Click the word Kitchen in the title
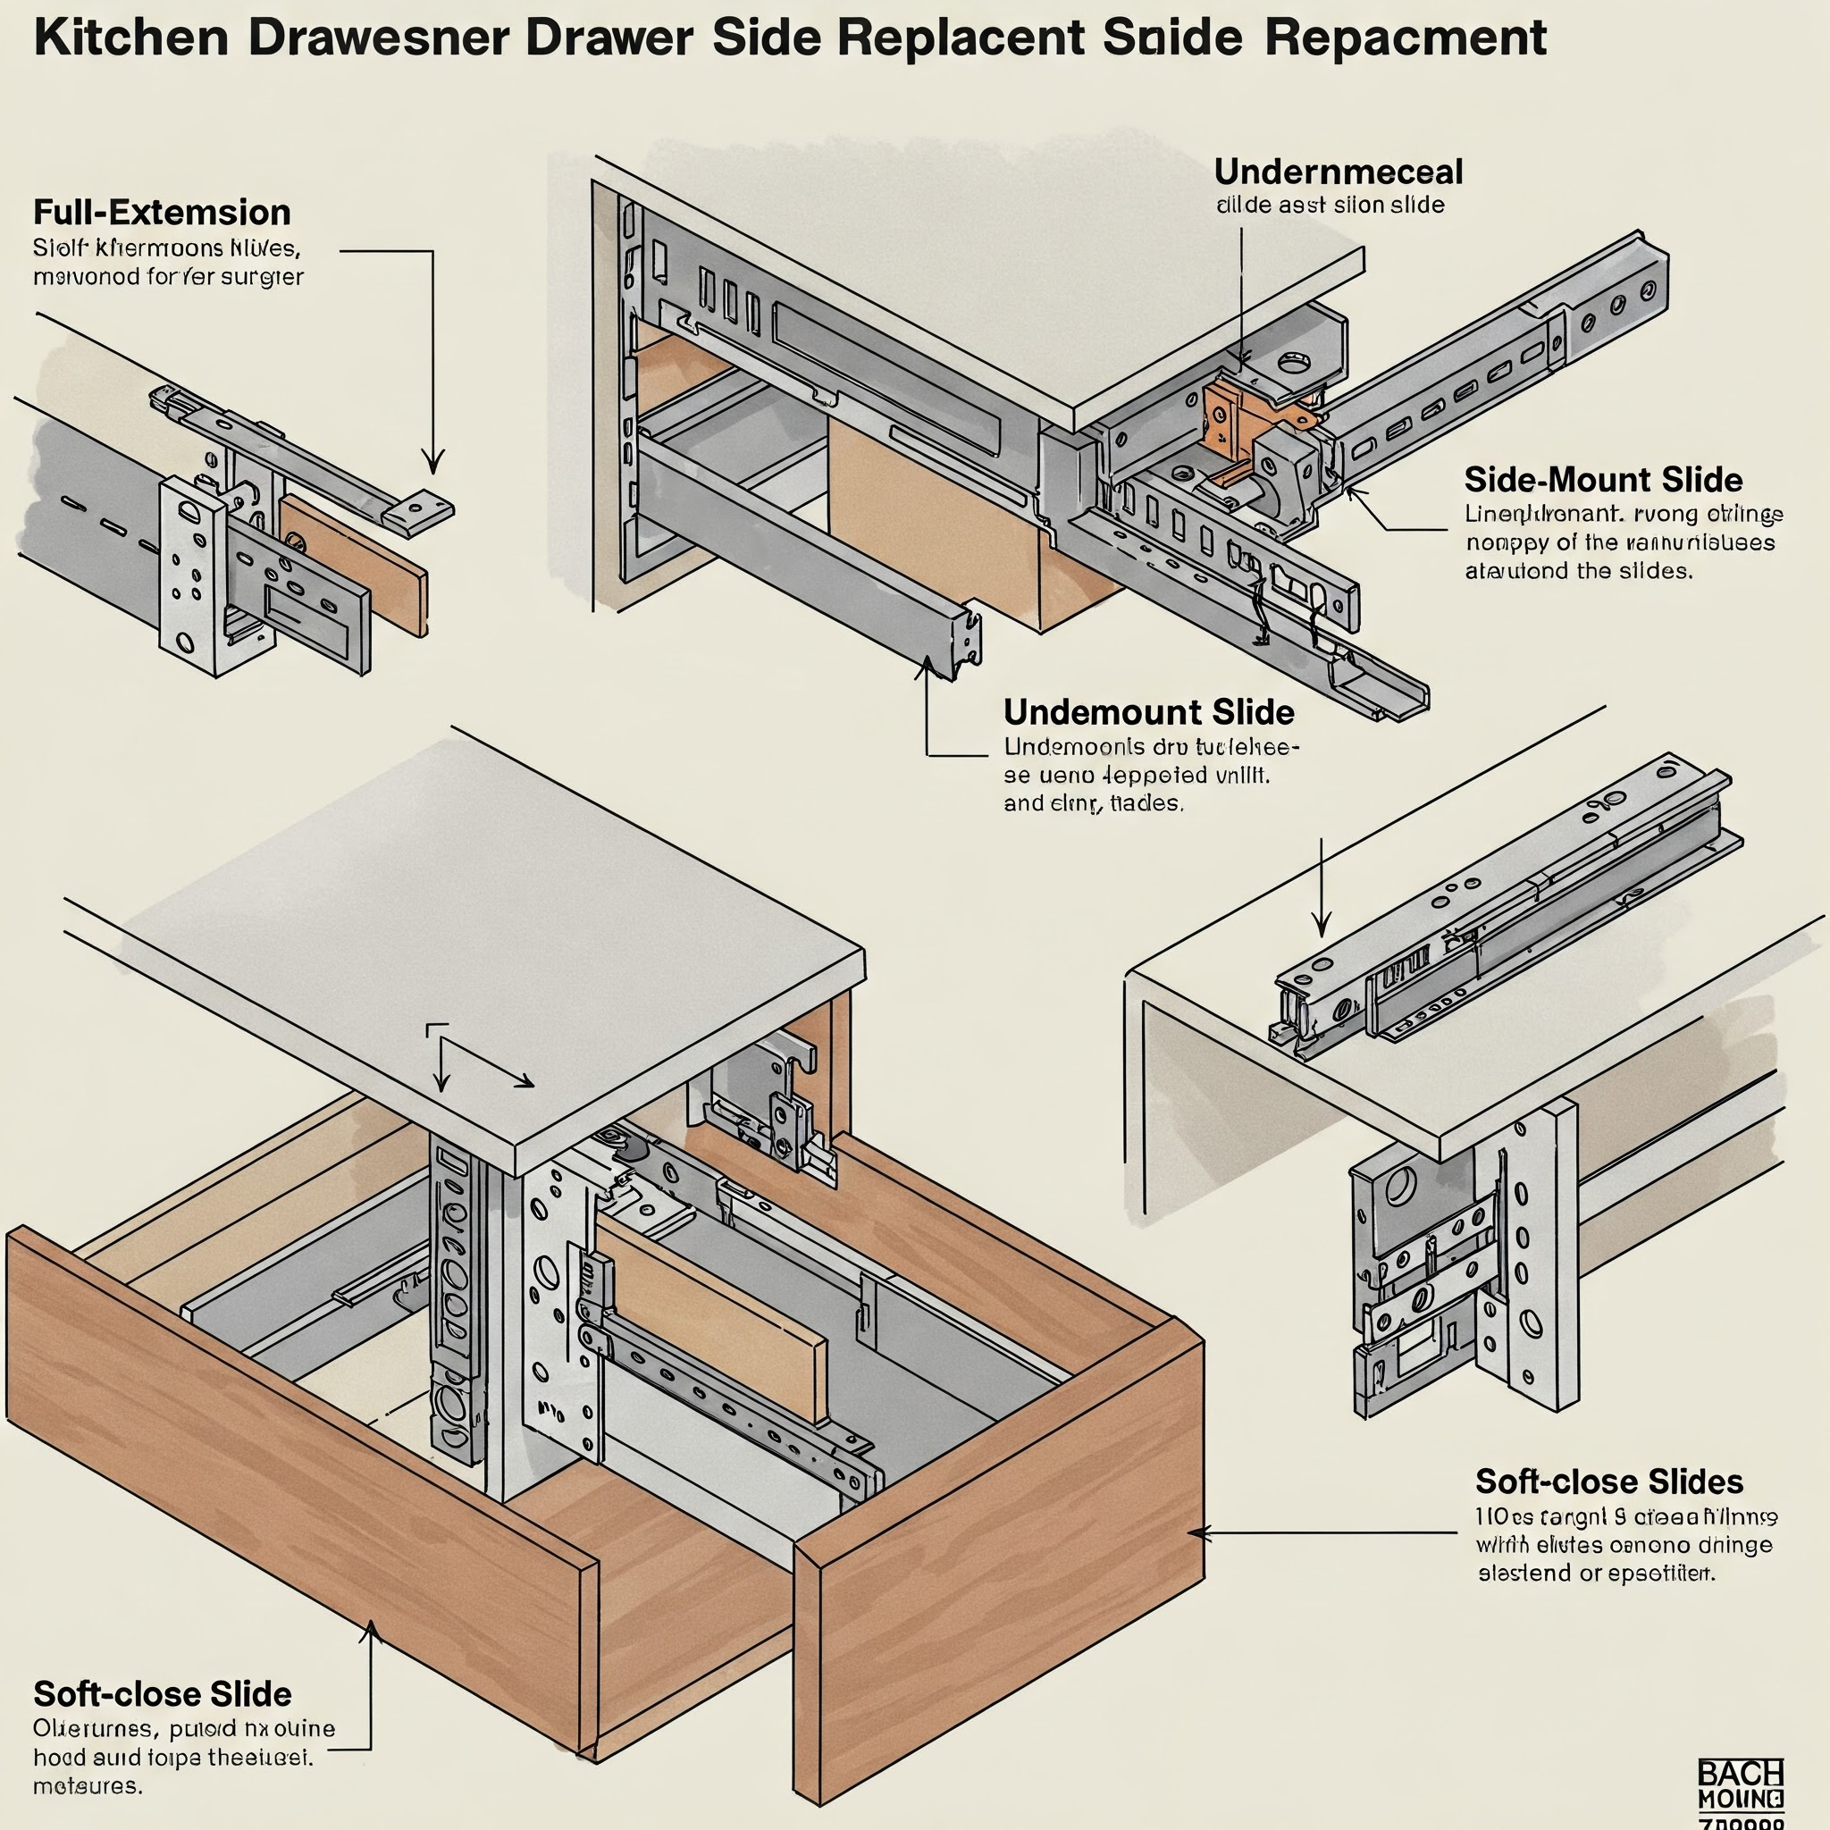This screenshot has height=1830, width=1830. pos(130,38)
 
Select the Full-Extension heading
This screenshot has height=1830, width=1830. pos(162,212)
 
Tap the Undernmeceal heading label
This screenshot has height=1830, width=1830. pos(1338,172)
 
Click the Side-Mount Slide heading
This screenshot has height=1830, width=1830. pos(1603,479)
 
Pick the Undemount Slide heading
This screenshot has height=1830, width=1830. pos(1148,711)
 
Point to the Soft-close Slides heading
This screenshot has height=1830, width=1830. pos(1608,1481)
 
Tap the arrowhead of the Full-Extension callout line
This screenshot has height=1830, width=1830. pos(432,464)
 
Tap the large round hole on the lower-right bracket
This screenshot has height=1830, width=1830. pos(1400,1187)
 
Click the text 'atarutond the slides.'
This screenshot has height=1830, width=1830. pos(1578,571)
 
